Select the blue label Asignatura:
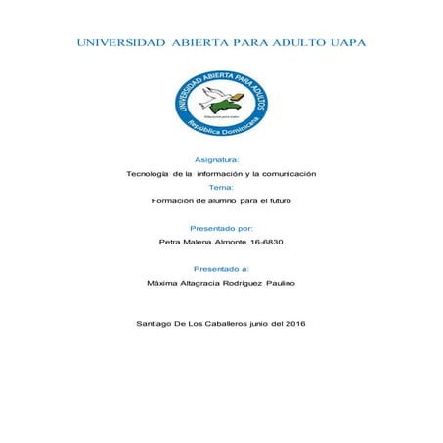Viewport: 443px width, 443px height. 221,157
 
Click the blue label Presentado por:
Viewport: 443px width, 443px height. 221,227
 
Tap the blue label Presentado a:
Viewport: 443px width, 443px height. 221,267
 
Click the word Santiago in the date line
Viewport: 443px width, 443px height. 158,323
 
